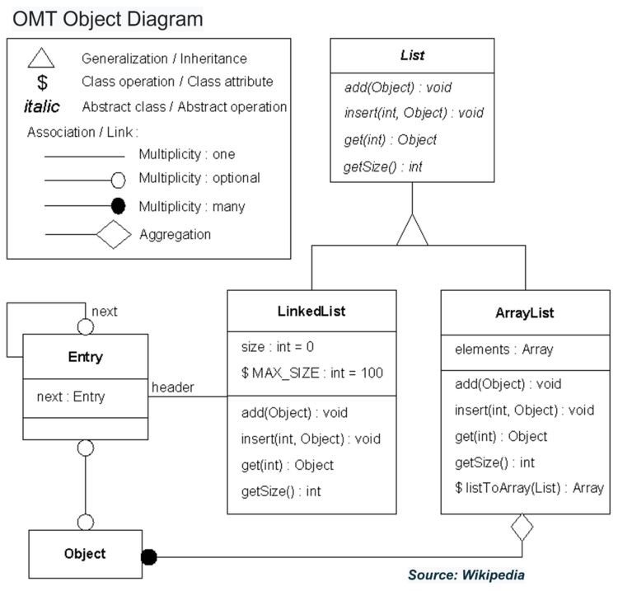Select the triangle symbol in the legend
point(43,59)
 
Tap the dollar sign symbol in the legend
point(43,82)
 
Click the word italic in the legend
point(41,107)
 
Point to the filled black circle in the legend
point(118,206)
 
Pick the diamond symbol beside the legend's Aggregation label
point(114,235)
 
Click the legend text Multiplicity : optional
point(199,178)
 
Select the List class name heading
point(412,56)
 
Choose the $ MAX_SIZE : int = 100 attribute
point(312,373)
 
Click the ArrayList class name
point(525,313)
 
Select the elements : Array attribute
point(503,349)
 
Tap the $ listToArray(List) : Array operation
point(528,488)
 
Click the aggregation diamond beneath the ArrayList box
point(522,527)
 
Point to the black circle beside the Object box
point(148,556)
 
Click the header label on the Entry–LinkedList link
point(173,387)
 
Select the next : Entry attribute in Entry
point(71,396)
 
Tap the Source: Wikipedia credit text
point(466,575)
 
